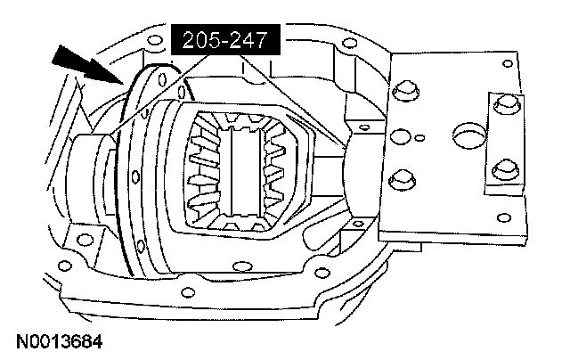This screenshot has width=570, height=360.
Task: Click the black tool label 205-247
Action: [x=225, y=39]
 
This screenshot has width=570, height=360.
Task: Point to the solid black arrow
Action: [x=87, y=66]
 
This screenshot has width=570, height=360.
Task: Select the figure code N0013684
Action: [x=60, y=342]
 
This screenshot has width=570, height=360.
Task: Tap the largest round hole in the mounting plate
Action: [x=469, y=135]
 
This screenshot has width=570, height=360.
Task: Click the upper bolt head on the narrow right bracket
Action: [x=507, y=104]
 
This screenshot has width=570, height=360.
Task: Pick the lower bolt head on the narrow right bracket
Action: [x=506, y=169]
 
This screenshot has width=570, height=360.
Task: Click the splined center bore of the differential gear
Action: [x=244, y=171]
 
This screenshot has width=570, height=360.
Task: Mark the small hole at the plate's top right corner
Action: [x=507, y=63]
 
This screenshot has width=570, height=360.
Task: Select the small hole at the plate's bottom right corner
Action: [x=504, y=217]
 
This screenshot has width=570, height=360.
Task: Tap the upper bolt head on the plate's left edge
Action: [x=406, y=91]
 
